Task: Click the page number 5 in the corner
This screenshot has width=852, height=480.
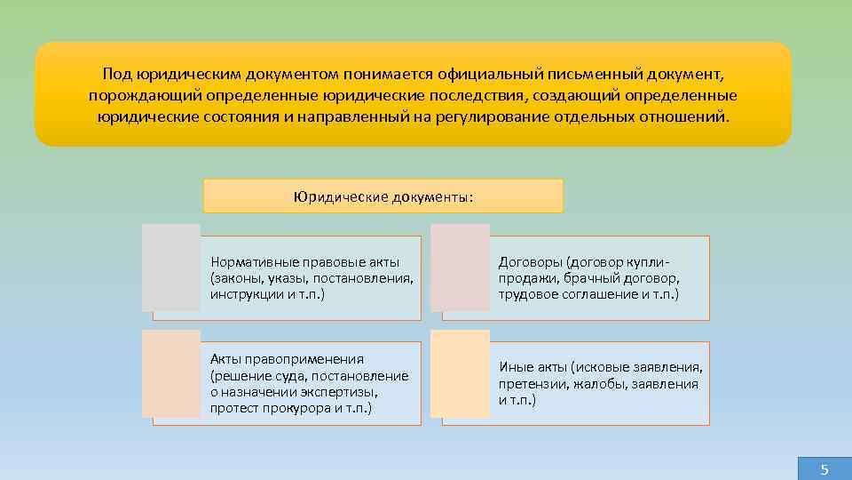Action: click(824, 469)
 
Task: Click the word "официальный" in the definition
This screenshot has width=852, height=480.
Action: click(495, 75)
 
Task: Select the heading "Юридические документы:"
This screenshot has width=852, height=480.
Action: click(383, 196)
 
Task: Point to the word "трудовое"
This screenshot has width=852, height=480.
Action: click(525, 292)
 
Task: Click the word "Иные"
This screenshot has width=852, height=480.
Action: click(515, 368)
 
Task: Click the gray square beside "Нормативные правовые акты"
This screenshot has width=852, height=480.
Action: click(171, 268)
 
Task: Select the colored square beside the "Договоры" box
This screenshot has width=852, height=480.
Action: click(460, 268)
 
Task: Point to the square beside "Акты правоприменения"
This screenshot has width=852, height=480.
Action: click(171, 374)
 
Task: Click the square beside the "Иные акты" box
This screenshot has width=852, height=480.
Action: click(460, 374)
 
